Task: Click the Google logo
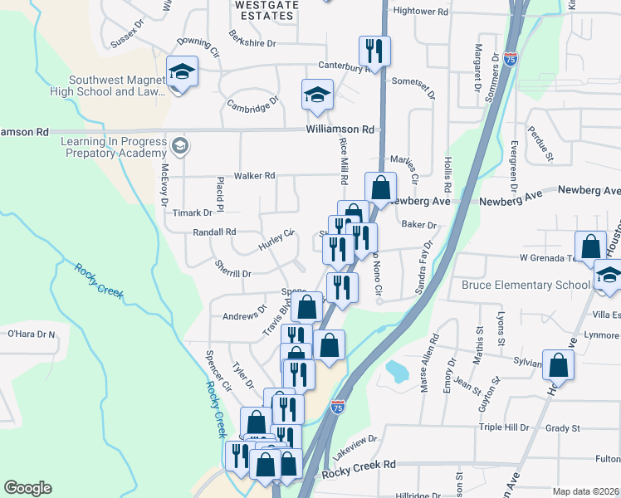[x=27, y=488]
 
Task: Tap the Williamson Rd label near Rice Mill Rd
[x=340, y=129]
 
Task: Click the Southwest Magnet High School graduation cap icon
[x=182, y=71]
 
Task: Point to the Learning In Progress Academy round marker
[x=178, y=148]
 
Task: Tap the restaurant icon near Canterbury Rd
[x=375, y=51]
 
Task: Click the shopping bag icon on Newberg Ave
[x=380, y=188]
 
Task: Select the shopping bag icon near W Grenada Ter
[x=591, y=246]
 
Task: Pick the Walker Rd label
[x=254, y=176]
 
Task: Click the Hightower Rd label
[x=420, y=12]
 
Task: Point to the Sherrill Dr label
[x=232, y=273]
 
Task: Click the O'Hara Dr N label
[x=31, y=334]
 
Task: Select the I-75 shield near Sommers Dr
[x=511, y=59]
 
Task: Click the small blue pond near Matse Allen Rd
[x=397, y=370]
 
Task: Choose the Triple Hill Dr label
[x=503, y=427]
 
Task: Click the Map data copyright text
[x=586, y=491]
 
